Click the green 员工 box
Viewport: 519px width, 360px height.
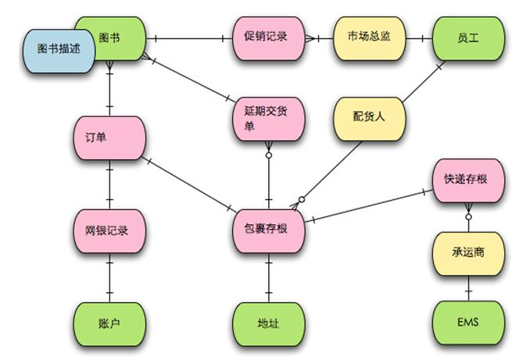pos(467,37)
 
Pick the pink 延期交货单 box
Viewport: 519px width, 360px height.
pos(268,118)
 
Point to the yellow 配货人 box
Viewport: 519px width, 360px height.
pos(370,118)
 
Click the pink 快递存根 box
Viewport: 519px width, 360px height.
pos(467,179)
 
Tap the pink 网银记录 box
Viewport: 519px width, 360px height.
pos(109,231)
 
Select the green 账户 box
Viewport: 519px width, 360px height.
pos(109,322)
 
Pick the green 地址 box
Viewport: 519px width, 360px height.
pos(269,322)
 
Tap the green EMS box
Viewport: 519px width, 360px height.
pos(467,322)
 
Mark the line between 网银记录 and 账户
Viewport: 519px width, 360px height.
pos(109,277)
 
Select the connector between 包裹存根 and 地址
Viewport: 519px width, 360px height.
pos(269,277)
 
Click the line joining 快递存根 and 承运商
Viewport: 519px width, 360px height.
pos(468,216)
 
